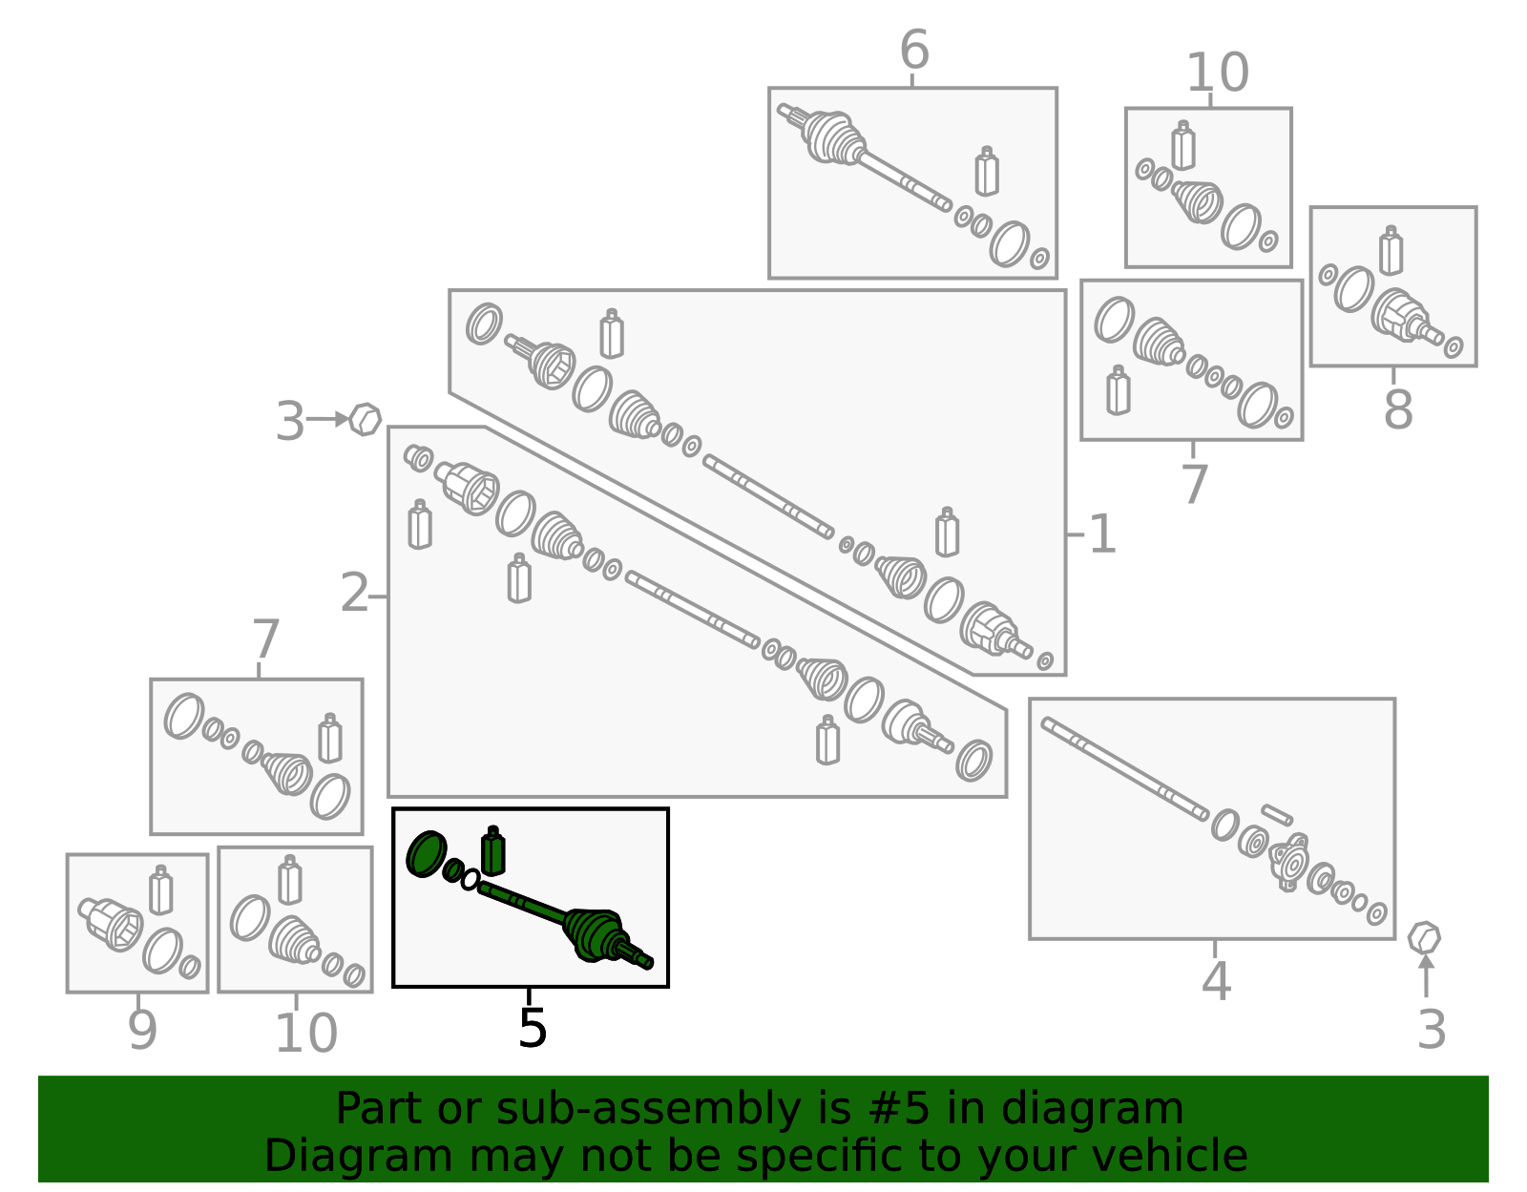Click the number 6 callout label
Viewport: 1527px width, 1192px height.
914,50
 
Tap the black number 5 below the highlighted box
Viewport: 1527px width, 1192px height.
532,1029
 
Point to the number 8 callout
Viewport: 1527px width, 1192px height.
1398,410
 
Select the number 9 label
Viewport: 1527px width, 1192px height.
142,1031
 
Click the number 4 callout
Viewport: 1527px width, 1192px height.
1217,981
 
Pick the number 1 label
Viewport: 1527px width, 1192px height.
1102,534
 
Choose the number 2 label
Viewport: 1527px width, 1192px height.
354,593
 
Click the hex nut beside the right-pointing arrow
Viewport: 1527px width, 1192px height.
365,419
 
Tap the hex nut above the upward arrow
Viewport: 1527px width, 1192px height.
1424,938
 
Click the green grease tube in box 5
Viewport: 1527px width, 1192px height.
492,850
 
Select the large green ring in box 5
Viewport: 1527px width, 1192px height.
427,853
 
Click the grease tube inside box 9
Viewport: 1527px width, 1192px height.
161,890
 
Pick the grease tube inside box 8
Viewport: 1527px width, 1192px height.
1391,250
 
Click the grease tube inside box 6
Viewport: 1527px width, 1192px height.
987,171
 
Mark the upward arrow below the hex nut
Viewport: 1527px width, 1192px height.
1426,975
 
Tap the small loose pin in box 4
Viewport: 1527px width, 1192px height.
1277,815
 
